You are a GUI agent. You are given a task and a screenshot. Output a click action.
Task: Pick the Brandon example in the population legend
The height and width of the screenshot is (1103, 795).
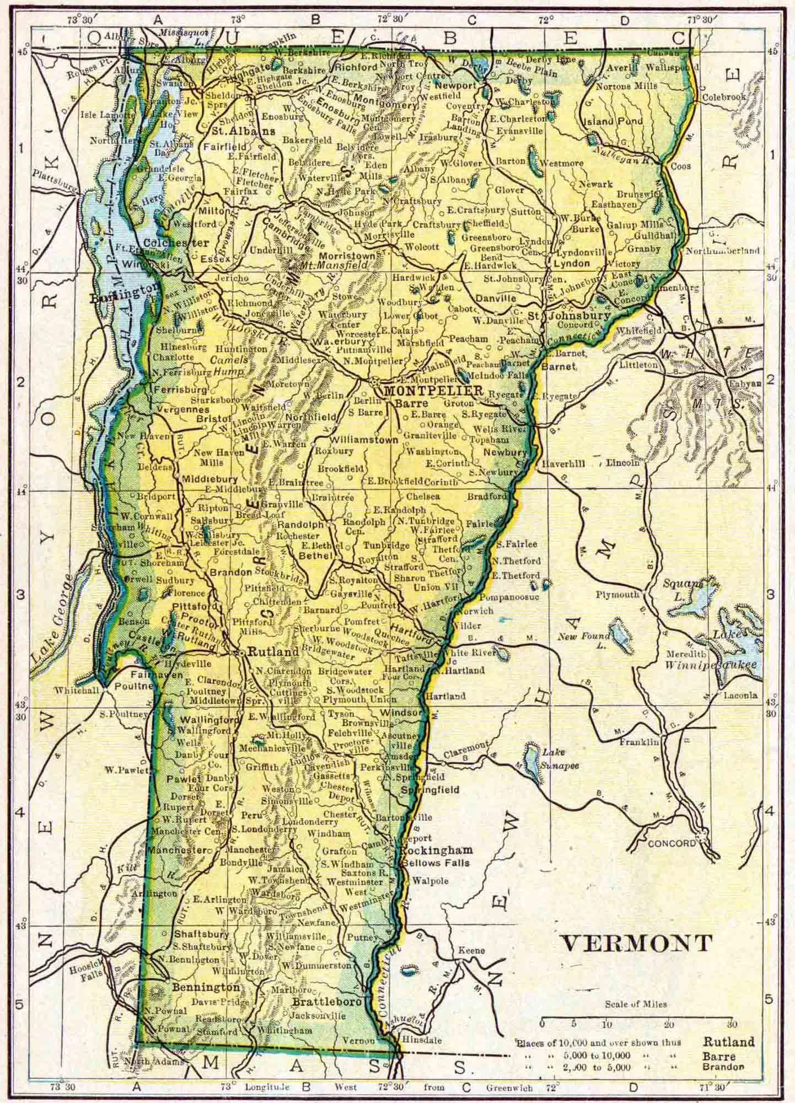click(x=723, y=1067)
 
